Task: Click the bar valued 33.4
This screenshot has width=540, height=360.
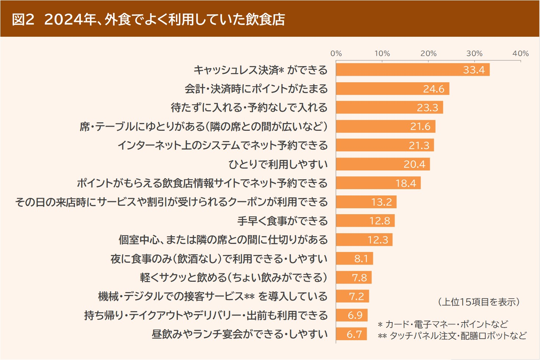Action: tap(413, 70)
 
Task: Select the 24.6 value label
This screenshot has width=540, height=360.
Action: tap(433, 89)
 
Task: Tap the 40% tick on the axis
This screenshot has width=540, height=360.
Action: tap(521, 54)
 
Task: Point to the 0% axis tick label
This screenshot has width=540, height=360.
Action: tap(336, 54)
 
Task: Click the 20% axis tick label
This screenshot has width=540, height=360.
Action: tap(428, 54)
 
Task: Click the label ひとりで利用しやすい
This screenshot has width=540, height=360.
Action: tap(278, 164)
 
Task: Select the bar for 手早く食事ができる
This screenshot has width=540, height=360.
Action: tap(365, 221)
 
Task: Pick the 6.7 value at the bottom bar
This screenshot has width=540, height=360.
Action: tap(354, 334)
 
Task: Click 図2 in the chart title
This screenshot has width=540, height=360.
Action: tap(23, 19)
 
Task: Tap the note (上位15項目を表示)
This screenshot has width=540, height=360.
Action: tap(479, 302)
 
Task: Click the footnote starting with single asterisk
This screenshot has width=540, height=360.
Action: tap(443, 324)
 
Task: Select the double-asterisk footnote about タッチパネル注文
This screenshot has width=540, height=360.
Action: tap(452, 336)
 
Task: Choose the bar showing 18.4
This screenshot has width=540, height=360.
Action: tap(378, 183)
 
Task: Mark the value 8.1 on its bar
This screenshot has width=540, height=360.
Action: tap(361, 259)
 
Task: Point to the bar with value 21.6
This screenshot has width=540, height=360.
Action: tap(385, 126)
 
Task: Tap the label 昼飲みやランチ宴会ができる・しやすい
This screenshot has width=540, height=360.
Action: tap(240, 334)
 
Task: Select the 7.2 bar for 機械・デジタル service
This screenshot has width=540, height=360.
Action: tap(352, 296)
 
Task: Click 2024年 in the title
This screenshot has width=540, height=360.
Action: tap(70, 19)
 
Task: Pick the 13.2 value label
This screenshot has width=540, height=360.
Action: tap(381, 202)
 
